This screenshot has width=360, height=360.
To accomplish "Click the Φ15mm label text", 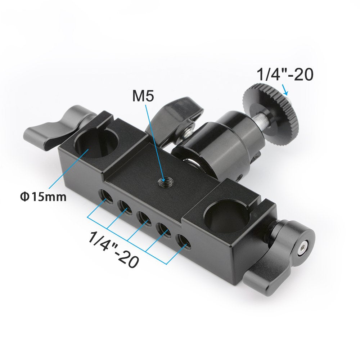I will [43, 197].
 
